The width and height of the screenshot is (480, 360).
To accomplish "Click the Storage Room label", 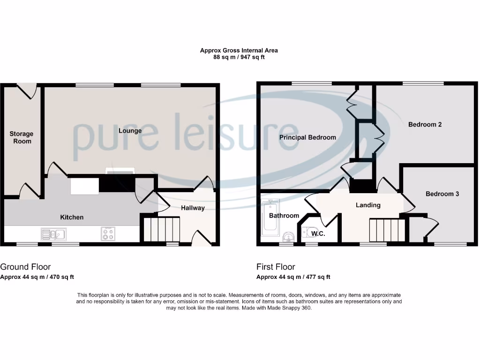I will click(22, 137).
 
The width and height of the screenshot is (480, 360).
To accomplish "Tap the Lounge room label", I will click(130, 130).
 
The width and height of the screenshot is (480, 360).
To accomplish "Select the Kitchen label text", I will click(72, 217).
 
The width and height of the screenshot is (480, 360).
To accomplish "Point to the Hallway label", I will click(193, 208).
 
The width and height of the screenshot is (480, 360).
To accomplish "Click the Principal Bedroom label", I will click(307, 137).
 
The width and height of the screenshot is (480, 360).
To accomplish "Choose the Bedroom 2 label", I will click(425, 124).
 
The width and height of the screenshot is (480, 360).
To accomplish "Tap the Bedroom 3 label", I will click(442, 194).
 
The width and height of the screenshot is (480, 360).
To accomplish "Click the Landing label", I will click(368, 205).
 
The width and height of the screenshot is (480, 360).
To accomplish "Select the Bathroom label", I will click(284, 216).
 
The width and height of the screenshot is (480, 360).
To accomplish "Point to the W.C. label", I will click(318, 233).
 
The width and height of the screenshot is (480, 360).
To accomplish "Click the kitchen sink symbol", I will click(53, 233).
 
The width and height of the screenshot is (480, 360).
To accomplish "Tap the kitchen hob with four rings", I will click(108, 233).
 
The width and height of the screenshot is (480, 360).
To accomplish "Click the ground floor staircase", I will click(161, 229).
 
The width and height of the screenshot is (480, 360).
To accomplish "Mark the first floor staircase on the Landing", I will click(387, 230).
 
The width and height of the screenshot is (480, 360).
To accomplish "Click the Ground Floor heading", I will click(25, 267).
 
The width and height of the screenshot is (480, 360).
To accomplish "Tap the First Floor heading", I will click(276, 267).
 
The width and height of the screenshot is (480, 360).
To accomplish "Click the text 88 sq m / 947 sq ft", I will click(239, 57).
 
